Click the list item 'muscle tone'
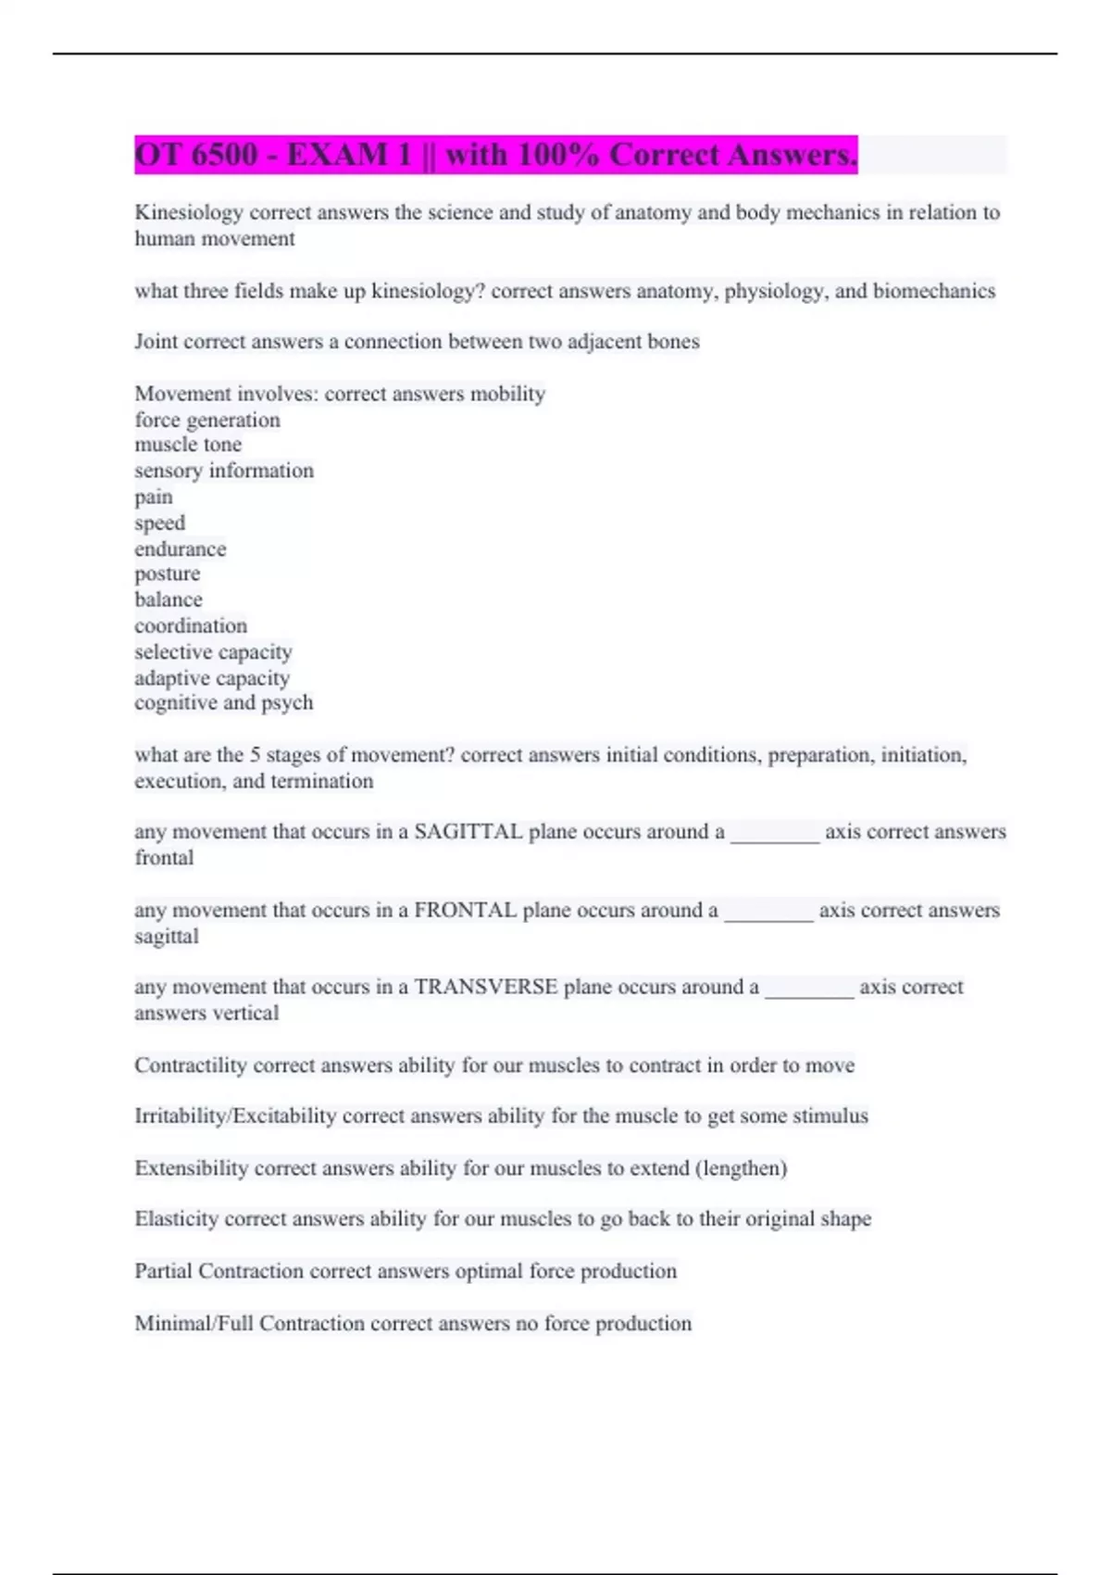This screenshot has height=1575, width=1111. [x=188, y=445]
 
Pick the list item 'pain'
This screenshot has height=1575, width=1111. [x=154, y=498]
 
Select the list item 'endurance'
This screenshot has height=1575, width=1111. [x=180, y=549]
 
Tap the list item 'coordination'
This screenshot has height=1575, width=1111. [x=191, y=626]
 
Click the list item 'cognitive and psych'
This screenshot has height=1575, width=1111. [x=224, y=703]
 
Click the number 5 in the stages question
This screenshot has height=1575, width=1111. [x=256, y=755]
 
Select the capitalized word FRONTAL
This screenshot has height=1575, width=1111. [x=465, y=911]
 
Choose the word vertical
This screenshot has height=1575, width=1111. [x=244, y=1014]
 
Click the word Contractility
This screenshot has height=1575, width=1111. [x=191, y=1065]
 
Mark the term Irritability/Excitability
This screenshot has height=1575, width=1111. [x=235, y=1116]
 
